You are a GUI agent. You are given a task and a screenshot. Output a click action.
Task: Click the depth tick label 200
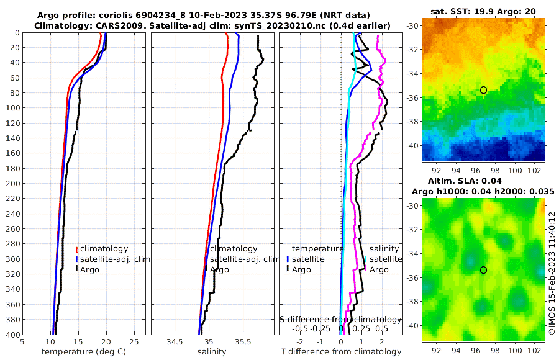pyautogui.click(x=11, y=184)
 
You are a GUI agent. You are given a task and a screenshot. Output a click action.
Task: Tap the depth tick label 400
pyautogui.click(x=11, y=335)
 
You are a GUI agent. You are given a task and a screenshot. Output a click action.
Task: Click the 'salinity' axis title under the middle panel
pyautogui.click(x=211, y=352)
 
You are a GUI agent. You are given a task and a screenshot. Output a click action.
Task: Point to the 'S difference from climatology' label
pyautogui.click(x=340, y=319)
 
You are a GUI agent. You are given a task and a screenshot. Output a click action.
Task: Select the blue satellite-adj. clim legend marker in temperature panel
pyautogui.click(x=76, y=259)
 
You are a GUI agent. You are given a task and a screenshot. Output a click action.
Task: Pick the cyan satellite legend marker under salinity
pyautogui.click(x=365, y=259)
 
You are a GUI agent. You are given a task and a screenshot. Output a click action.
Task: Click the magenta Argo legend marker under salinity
pyautogui.click(x=365, y=269)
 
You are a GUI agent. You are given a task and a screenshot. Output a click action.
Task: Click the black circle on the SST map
pyautogui.click(x=483, y=90)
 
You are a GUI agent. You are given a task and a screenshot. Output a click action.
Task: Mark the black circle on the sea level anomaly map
pyautogui.click(x=483, y=270)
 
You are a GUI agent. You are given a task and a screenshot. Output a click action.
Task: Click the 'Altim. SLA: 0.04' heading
pyautogui.click(x=483, y=181)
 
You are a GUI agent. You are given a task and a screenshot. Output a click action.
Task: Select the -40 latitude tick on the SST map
pyautogui.click(x=413, y=145)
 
